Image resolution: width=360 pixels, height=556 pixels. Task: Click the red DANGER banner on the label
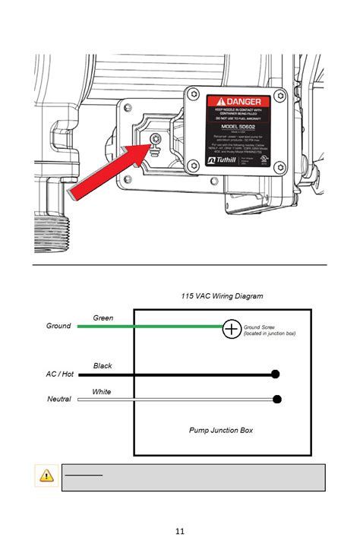coord(240,101)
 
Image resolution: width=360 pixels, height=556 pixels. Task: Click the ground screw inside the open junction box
coord(156,138)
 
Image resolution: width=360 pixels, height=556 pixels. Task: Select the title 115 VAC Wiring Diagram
coord(222,295)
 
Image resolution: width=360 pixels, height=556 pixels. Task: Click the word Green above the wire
coord(103,317)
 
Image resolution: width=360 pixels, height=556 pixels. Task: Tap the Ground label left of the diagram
coord(58,326)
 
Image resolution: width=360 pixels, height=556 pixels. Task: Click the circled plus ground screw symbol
coord(232,328)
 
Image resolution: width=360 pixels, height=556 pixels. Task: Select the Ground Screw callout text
coord(270,330)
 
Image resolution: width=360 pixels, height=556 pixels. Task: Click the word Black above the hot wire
coord(103,365)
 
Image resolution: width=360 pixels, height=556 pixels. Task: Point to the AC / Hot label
coord(59,374)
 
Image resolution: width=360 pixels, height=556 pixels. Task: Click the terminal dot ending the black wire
coord(276,374)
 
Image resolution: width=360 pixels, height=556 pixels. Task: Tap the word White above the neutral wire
coord(102,391)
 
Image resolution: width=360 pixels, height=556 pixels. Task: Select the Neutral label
coord(59,400)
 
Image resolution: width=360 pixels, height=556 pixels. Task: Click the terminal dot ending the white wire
coord(277,399)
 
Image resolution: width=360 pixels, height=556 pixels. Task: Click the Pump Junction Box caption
coord(221,431)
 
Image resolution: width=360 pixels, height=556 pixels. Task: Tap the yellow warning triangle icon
coord(47,476)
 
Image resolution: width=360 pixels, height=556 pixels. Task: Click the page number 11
coord(180,531)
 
